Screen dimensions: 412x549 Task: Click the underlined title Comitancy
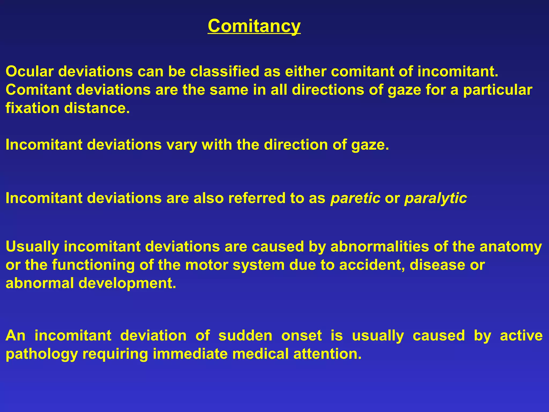pos(254,26)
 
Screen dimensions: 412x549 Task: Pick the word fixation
pos(32,108)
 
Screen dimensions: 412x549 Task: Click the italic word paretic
pos(355,198)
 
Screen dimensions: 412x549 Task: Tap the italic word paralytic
pos(436,198)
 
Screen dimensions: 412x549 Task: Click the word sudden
pos(245,336)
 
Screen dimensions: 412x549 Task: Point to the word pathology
pos(42,354)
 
